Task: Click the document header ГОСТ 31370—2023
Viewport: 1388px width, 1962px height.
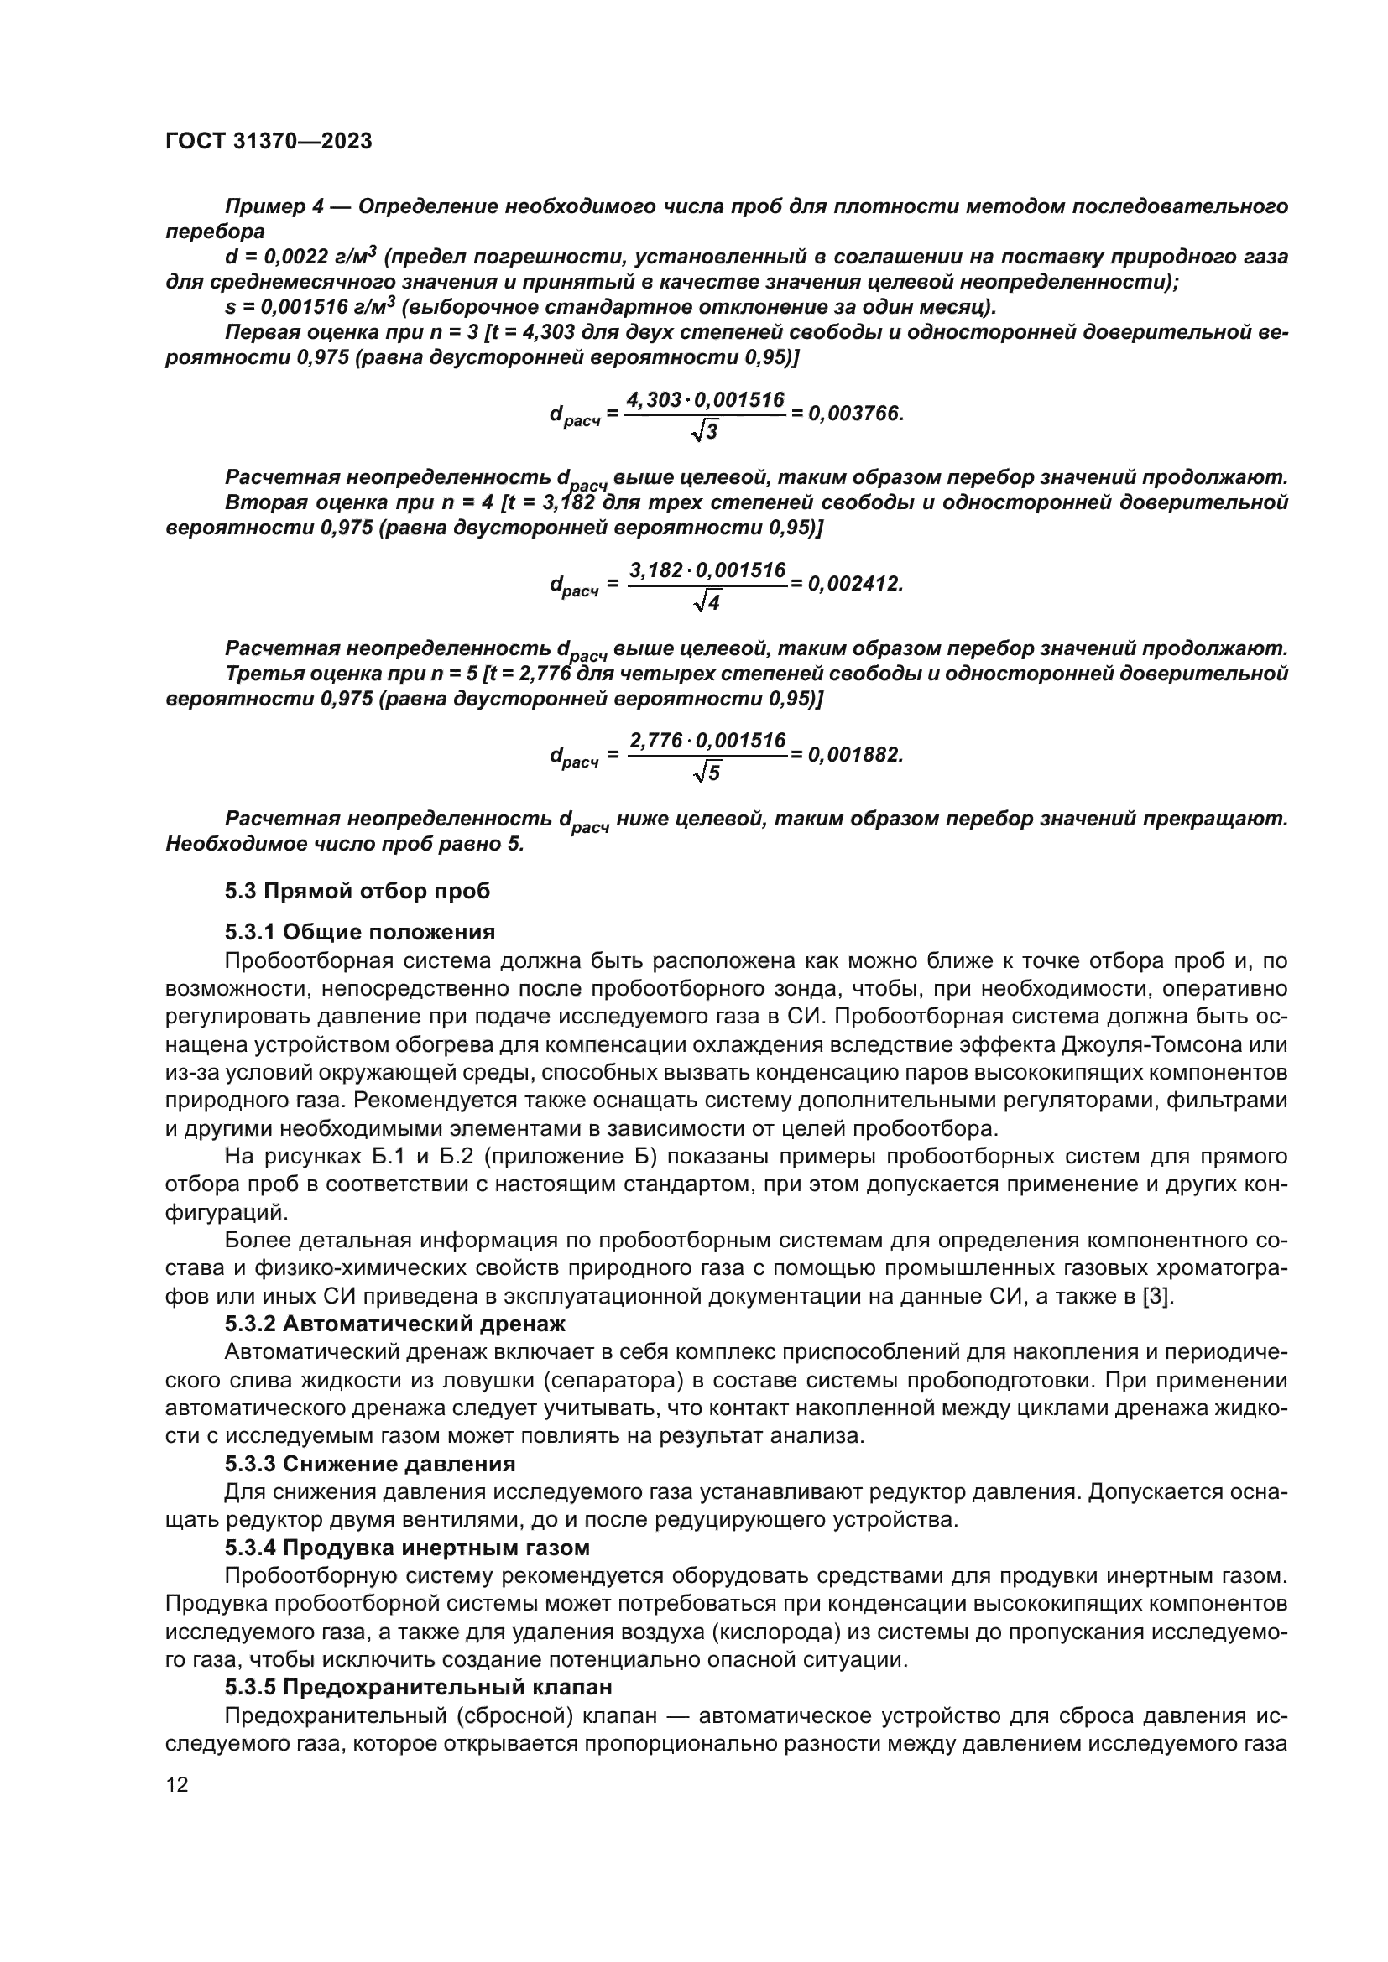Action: coord(269,142)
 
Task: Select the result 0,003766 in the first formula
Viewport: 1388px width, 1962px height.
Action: coord(854,414)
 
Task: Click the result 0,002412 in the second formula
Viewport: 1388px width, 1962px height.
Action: coord(854,584)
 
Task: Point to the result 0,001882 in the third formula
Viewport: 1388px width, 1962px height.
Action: coord(854,755)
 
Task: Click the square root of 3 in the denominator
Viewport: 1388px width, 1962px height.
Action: coord(705,432)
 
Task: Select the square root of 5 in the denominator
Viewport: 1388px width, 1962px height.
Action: coord(707,773)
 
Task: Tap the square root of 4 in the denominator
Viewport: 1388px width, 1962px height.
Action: coord(707,602)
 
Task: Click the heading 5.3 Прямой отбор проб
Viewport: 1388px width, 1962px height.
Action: coord(357,892)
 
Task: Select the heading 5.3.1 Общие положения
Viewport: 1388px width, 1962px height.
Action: coord(360,931)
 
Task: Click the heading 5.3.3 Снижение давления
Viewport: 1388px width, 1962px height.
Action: coord(369,1464)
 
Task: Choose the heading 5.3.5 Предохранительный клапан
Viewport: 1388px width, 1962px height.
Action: coord(419,1687)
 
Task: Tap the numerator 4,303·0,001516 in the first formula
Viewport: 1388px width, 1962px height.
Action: coord(705,400)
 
